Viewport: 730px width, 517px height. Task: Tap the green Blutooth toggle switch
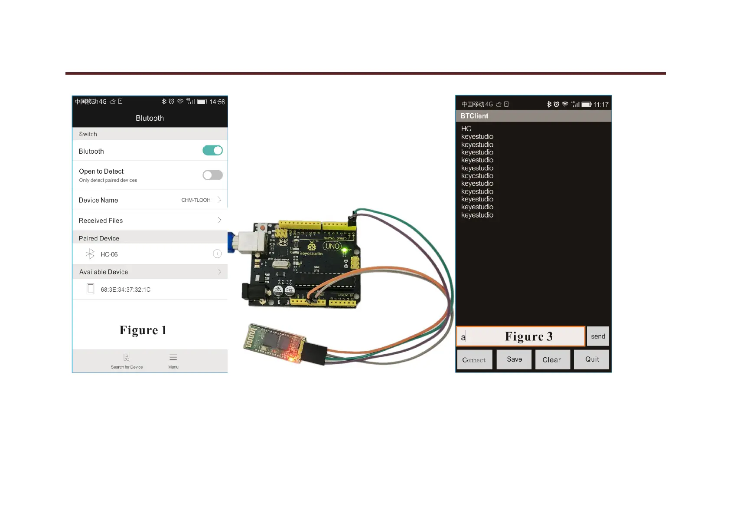[x=212, y=151]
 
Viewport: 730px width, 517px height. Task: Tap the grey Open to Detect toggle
[x=212, y=175]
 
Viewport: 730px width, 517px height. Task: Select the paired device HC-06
[x=109, y=254]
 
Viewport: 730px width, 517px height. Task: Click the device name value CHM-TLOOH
[x=196, y=200]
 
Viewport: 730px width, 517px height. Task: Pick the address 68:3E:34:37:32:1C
[x=125, y=290]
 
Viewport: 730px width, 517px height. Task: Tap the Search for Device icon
[x=127, y=358]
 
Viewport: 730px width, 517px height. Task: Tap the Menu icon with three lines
[x=173, y=358]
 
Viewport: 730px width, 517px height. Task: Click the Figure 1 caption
[x=143, y=330]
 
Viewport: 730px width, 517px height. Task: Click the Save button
[x=514, y=359]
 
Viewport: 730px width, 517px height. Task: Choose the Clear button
[x=552, y=360]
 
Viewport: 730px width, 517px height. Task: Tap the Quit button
[x=592, y=359]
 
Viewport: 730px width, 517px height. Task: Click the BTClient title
[x=474, y=116]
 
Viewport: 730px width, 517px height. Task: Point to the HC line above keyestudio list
[x=466, y=128]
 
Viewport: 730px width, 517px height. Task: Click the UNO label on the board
[x=332, y=246]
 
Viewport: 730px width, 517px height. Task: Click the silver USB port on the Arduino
[x=250, y=242]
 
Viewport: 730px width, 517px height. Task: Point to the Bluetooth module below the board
[x=273, y=343]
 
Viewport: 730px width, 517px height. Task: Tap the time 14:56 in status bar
[x=217, y=102]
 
